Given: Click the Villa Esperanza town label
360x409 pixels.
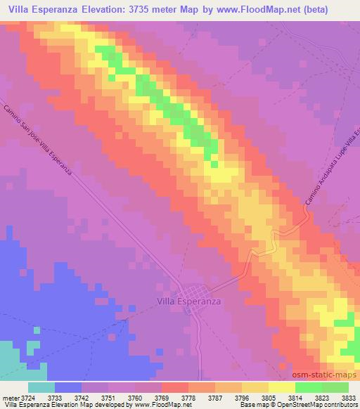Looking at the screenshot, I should click(x=187, y=301).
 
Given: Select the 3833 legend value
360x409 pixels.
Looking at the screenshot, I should click(x=349, y=398).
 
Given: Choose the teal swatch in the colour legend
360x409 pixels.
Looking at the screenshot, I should click(x=41, y=387).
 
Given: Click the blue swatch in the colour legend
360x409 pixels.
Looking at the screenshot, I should click(x=68, y=387).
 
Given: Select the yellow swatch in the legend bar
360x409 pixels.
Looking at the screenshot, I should click(x=282, y=387).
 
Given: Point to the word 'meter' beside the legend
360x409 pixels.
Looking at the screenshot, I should click(x=11, y=398).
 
